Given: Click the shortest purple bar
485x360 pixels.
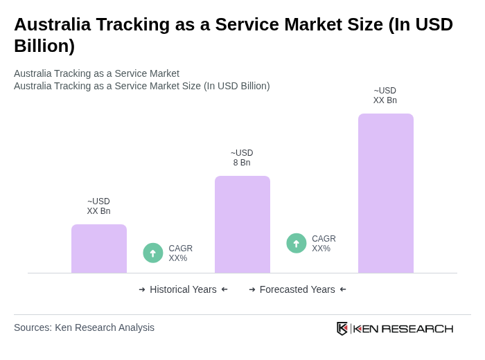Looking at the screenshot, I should [99, 249].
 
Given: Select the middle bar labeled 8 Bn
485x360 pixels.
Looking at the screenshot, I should [242, 224].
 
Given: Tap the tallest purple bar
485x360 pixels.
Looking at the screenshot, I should [385, 193].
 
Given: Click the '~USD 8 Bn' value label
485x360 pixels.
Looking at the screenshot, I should [242, 158].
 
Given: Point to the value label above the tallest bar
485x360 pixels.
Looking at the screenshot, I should [385, 96].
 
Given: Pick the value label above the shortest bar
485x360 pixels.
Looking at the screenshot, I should [98, 206].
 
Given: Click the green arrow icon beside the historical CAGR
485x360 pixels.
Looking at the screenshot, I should [153, 253].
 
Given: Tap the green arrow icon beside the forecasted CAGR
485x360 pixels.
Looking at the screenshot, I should [297, 243].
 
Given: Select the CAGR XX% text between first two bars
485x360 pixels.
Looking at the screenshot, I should [180, 253].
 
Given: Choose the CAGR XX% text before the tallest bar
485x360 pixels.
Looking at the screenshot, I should [324, 244].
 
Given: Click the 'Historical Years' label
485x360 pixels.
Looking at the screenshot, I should [183, 289].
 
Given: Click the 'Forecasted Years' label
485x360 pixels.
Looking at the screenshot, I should [297, 289].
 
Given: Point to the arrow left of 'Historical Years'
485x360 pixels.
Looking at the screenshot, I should [142, 289].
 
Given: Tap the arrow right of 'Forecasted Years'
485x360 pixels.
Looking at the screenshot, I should [343, 289].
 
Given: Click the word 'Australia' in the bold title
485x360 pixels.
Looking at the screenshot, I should [52, 24].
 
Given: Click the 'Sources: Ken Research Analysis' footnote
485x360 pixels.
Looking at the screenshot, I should [84, 327].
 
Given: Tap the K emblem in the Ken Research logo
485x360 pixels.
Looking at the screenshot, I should [342, 328].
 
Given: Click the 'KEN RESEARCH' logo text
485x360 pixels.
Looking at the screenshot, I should [403, 328].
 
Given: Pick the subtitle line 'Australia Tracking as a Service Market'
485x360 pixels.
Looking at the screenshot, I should [96, 73].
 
